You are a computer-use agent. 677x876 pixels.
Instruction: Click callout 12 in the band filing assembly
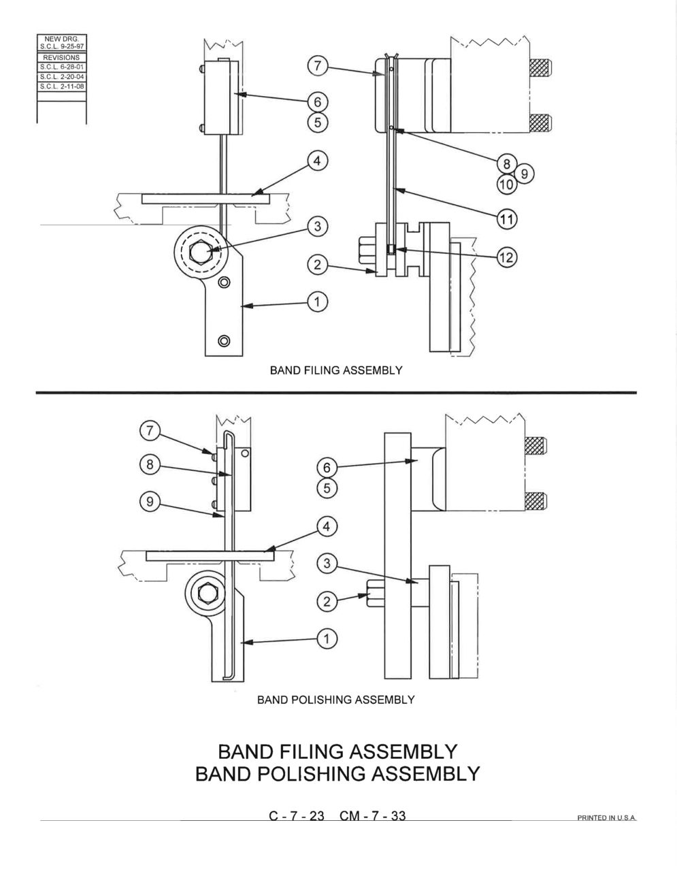click(506, 257)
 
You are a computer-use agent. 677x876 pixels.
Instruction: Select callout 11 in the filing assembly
click(506, 219)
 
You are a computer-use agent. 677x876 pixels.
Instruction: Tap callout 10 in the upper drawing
click(506, 184)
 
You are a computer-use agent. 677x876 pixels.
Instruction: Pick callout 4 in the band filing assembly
click(318, 161)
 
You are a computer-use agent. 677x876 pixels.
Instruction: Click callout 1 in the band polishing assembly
click(327, 638)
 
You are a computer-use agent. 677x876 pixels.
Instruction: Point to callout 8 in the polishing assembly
click(150, 464)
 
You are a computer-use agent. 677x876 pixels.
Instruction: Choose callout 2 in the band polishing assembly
click(327, 602)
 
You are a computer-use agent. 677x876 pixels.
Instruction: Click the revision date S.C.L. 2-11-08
click(62, 86)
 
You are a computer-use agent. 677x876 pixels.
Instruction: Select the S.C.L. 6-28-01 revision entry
click(62, 67)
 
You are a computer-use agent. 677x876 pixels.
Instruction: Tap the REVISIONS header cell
click(61, 58)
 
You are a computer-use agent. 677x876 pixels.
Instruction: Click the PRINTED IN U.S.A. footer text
click(606, 817)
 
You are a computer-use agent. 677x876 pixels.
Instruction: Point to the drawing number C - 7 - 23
click(296, 815)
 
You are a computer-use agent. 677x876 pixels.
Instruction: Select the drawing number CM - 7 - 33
click(372, 815)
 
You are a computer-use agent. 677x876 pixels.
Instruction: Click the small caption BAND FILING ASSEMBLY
click(336, 370)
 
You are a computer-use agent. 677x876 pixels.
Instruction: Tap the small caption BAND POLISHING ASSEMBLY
click(335, 700)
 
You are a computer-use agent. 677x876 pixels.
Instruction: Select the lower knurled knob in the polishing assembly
click(536, 501)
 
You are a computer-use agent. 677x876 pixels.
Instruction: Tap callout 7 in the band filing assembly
click(318, 66)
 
